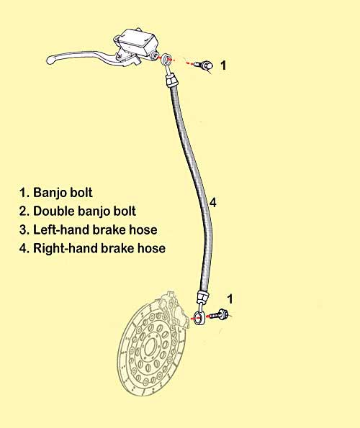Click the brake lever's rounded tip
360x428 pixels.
[x=50, y=59]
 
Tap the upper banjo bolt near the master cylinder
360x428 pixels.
[x=204, y=65]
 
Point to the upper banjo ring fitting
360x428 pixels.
[x=166, y=59]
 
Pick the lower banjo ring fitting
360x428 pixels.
[x=199, y=317]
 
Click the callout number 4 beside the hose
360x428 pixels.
[x=213, y=203]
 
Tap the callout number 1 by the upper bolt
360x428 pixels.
[x=223, y=65]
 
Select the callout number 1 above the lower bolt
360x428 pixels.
[x=230, y=299]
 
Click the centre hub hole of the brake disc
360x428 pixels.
[x=149, y=347]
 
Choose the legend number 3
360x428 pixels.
[x=24, y=229]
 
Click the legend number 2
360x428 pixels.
[x=24, y=211]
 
